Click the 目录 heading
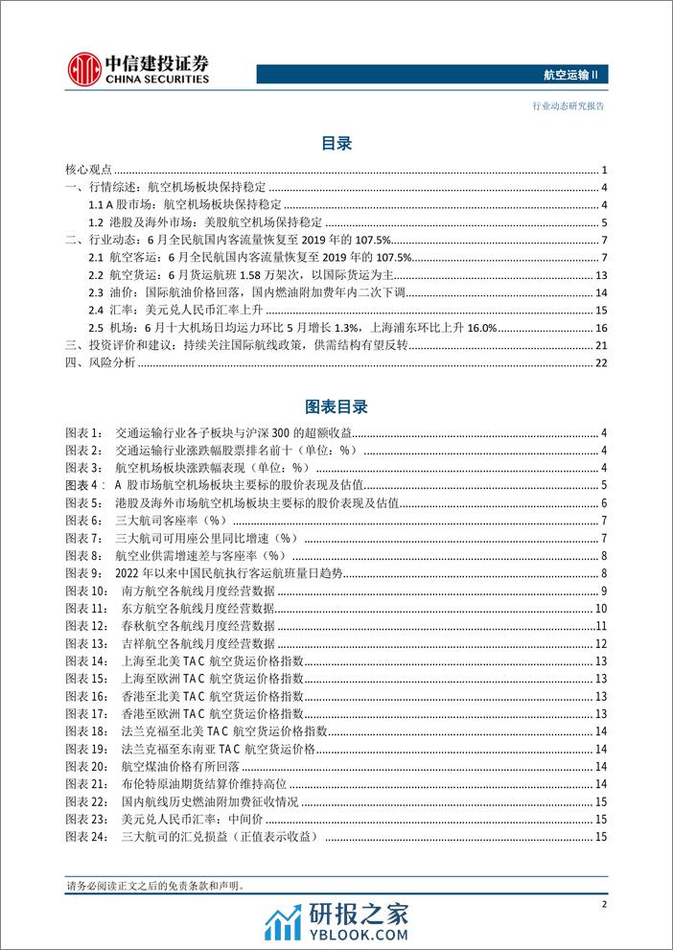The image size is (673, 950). (336, 144)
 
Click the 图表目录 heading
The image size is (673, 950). (336, 407)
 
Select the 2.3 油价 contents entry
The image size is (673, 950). (258, 292)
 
